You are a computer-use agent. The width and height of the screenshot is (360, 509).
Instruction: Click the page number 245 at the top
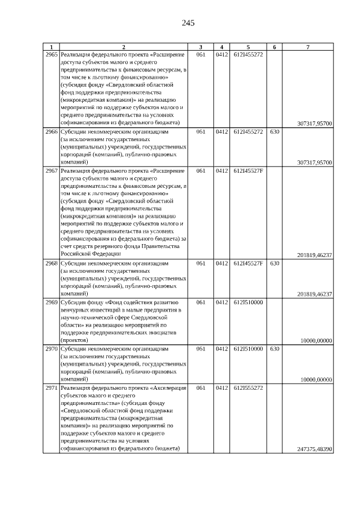(x=188, y=23)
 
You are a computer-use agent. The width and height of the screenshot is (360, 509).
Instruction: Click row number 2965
(x=51, y=55)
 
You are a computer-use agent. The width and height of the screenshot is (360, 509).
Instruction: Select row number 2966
(x=51, y=132)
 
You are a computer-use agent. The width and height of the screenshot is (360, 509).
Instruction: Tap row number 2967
(x=51, y=170)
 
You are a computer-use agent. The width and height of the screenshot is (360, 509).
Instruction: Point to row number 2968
(x=51, y=263)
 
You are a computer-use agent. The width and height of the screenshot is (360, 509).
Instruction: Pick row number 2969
(x=51, y=302)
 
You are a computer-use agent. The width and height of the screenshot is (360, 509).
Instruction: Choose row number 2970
(x=51, y=349)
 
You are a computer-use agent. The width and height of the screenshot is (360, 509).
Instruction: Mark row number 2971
(x=51, y=388)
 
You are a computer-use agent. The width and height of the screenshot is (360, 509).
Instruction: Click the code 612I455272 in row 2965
(x=247, y=55)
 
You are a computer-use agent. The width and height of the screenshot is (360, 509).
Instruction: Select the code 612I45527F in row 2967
(x=247, y=170)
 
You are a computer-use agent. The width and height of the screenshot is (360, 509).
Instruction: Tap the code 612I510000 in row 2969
(x=247, y=302)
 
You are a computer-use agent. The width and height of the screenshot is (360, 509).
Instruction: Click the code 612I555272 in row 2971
(x=247, y=388)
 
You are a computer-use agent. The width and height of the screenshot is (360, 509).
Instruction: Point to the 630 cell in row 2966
(x=274, y=132)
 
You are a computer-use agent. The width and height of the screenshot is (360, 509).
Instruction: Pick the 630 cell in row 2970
(x=274, y=349)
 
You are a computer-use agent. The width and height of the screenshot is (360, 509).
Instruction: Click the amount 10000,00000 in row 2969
(x=316, y=340)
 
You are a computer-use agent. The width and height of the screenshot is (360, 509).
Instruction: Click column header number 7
(x=308, y=47)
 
